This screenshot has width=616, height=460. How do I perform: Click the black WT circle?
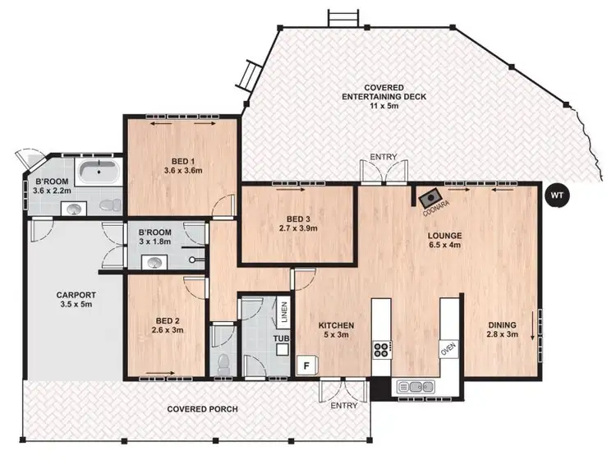click(557, 196)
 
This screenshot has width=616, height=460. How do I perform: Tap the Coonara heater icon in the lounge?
click(429, 198)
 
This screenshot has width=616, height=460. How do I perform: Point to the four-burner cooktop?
click(382, 350)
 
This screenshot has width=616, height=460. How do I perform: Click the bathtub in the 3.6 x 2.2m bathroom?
click(100, 172)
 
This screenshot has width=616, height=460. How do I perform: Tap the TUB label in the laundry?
click(282, 338)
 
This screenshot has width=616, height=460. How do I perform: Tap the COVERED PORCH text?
click(203, 409)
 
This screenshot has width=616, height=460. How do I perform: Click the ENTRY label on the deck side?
click(384, 157)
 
